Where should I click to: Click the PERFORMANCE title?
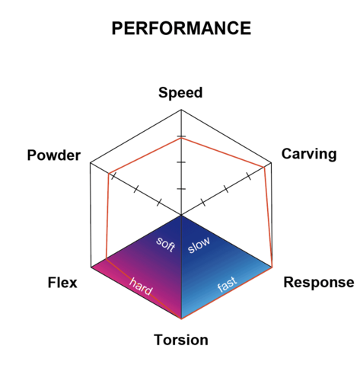pos(181,28)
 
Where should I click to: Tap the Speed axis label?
pos(180,93)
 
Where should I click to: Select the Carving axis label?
pos(309,154)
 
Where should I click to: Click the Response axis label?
pos(319,283)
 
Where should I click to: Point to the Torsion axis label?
pos(181,340)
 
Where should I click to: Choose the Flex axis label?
pos(62,283)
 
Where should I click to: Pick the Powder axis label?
pos(54,155)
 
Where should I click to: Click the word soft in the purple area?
pos(165,245)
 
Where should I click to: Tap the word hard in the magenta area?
pos(141,287)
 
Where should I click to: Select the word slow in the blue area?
pos(199,245)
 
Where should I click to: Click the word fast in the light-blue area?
pos(228,284)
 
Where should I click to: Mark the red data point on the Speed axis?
pos(181,139)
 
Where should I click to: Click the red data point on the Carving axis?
pos(264,167)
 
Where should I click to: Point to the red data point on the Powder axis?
pos(109,174)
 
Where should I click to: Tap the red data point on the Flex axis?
pos(107,259)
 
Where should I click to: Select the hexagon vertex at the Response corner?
pos(272,267)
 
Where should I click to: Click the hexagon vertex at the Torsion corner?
pos(181,319)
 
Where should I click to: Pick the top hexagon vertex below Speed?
pos(181,110)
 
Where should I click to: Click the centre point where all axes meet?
pos(181,215)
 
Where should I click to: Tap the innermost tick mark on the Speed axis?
pos(181,189)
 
